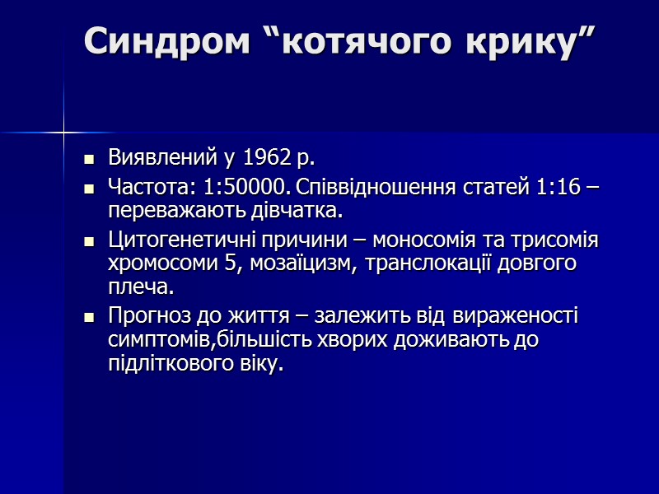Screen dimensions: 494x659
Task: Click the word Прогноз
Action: (x=145, y=317)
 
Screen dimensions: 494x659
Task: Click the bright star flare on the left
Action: (x=64, y=131)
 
